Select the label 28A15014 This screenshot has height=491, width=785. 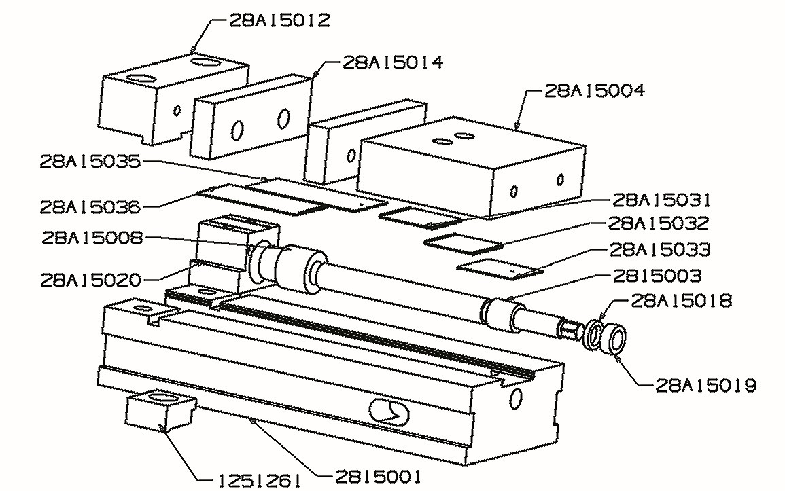(393, 62)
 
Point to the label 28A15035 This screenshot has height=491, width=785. (90, 162)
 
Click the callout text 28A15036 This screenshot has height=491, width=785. (90, 205)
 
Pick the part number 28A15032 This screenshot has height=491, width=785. (659, 223)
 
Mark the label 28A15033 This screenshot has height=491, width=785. (660, 249)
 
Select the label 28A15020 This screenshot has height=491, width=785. (90, 279)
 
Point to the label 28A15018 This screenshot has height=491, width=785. (682, 300)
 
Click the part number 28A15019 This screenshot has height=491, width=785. (706, 386)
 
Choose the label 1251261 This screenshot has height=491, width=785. (259, 480)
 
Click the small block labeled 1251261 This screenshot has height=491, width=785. (160, 411)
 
